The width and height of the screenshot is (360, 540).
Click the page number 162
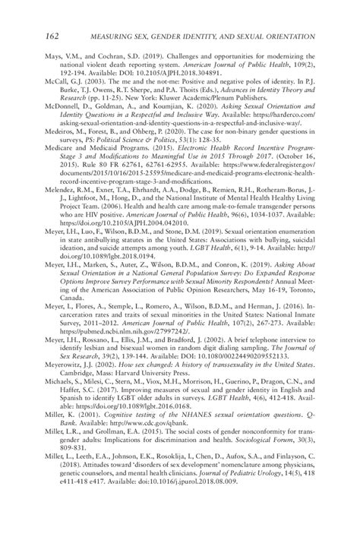[55, 36]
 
